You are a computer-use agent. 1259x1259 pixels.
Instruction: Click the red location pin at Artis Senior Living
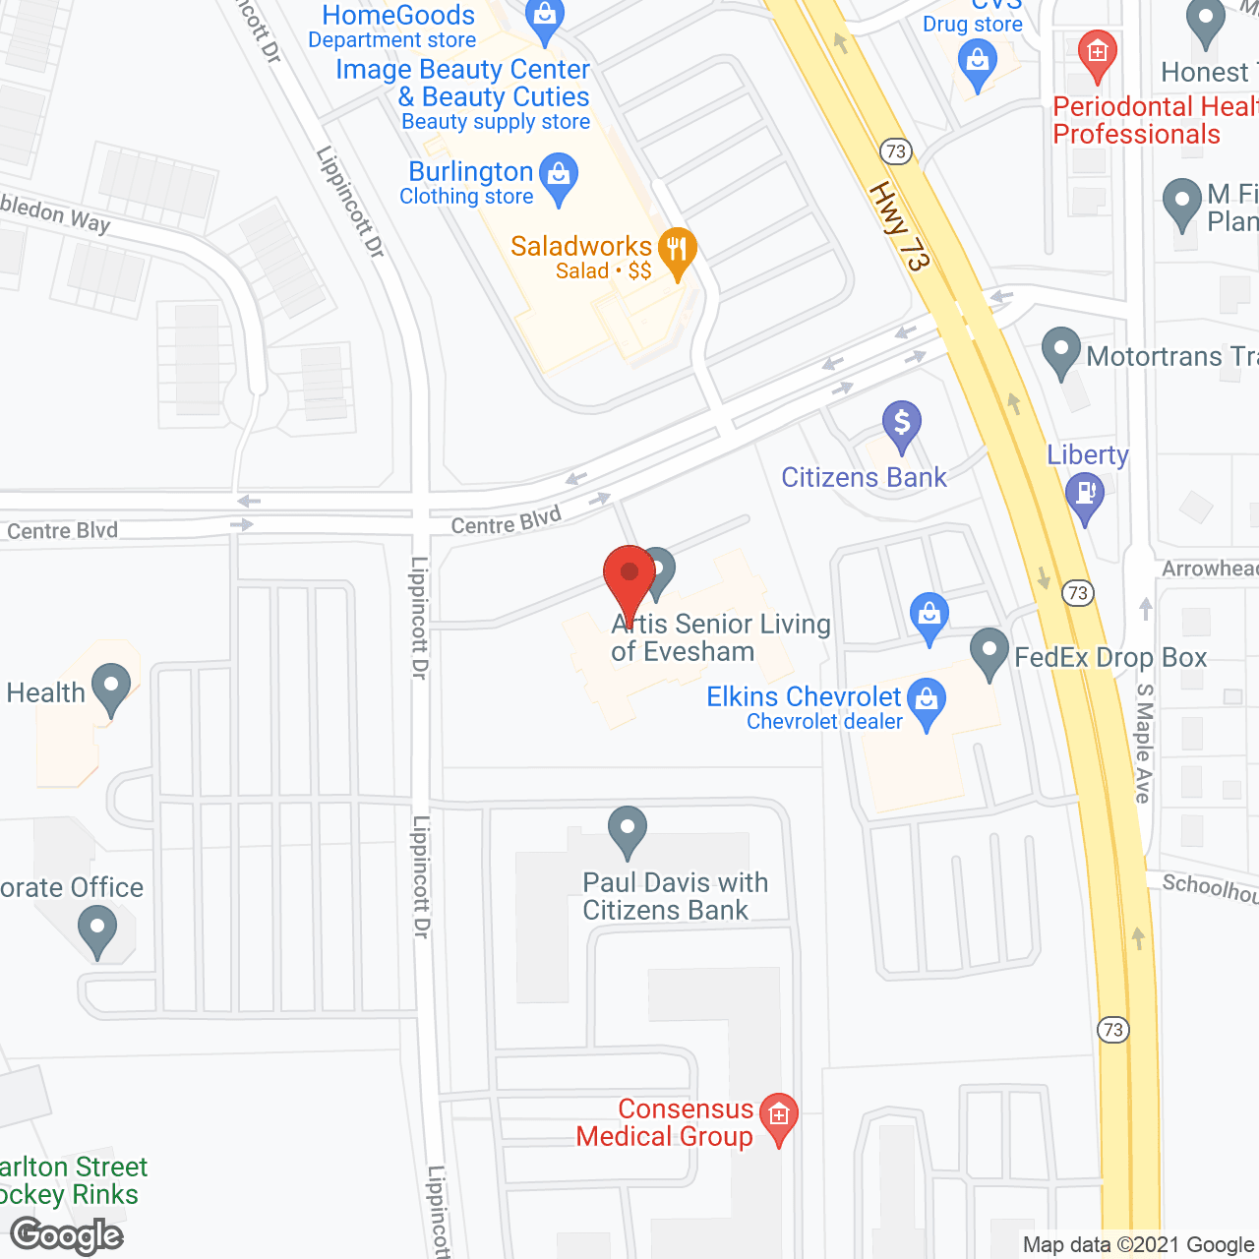(x=629, y=575)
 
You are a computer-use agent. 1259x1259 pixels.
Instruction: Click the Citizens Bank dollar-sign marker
(x=901, y=423)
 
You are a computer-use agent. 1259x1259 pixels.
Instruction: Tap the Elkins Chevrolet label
(x=804, y=697)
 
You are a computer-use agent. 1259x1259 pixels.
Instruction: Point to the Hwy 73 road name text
(x=899, y=226)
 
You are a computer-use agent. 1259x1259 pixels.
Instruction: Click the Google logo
(x=67, y=1235)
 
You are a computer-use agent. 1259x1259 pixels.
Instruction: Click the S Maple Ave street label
(x=1144, y=743)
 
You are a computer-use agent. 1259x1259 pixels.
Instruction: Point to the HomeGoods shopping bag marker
(x=544, y=17)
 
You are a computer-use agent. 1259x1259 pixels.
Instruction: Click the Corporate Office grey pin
(x=96, y=929)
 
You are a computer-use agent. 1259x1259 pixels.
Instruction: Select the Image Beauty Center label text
(x=462, y=70)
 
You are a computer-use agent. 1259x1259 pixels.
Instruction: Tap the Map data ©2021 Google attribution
(x=1138, y=1245)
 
